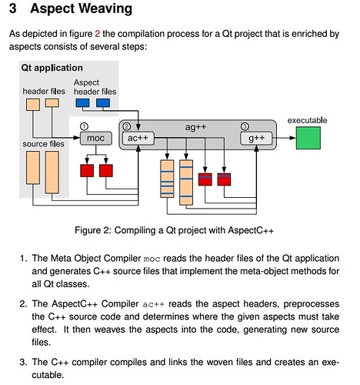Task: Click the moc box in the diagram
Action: click(96, 138)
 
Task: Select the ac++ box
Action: click(138, 138)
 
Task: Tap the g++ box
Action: click(256, 138)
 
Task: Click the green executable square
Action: click(308, 138)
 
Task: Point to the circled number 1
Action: click(84, 126)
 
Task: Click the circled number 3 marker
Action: click(245, 126)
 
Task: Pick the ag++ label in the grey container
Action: click(195, 127)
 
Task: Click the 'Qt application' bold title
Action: click(52, 68)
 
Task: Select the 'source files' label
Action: click(43, 144)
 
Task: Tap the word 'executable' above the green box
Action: click(307, 120)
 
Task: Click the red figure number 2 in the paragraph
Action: click(98, 34)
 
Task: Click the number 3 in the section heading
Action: click(13, 8)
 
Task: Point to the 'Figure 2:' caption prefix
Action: click(93, 230)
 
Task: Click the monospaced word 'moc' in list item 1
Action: click(152, 259)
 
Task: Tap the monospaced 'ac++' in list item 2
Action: click(153, 304)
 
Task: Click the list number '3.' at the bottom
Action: click(23, 362)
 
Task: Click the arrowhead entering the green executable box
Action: click(293, 138)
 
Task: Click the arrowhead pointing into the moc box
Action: click(77, 138)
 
